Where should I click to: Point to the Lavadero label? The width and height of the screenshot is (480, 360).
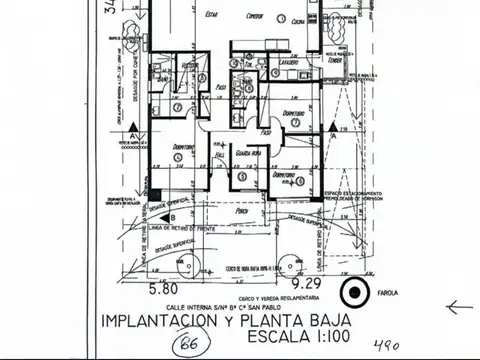(288, 62)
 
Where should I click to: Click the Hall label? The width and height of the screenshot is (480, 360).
(219, 156)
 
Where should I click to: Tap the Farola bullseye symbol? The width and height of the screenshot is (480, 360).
(353, 294)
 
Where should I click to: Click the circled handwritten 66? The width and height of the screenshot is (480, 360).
(184, 345)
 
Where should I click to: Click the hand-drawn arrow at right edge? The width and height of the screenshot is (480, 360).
(460, 308)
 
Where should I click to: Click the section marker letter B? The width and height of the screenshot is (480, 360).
(172, 217)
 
